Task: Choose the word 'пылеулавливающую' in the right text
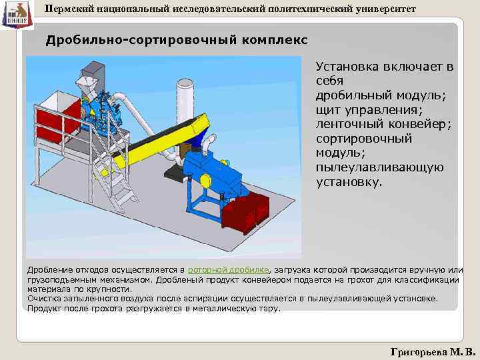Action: (x=379, y=167)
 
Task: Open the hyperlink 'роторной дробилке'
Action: (x=229, y=269)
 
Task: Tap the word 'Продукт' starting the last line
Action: (x=43, y=309)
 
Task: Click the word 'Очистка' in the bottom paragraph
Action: (x=43, y=299)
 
